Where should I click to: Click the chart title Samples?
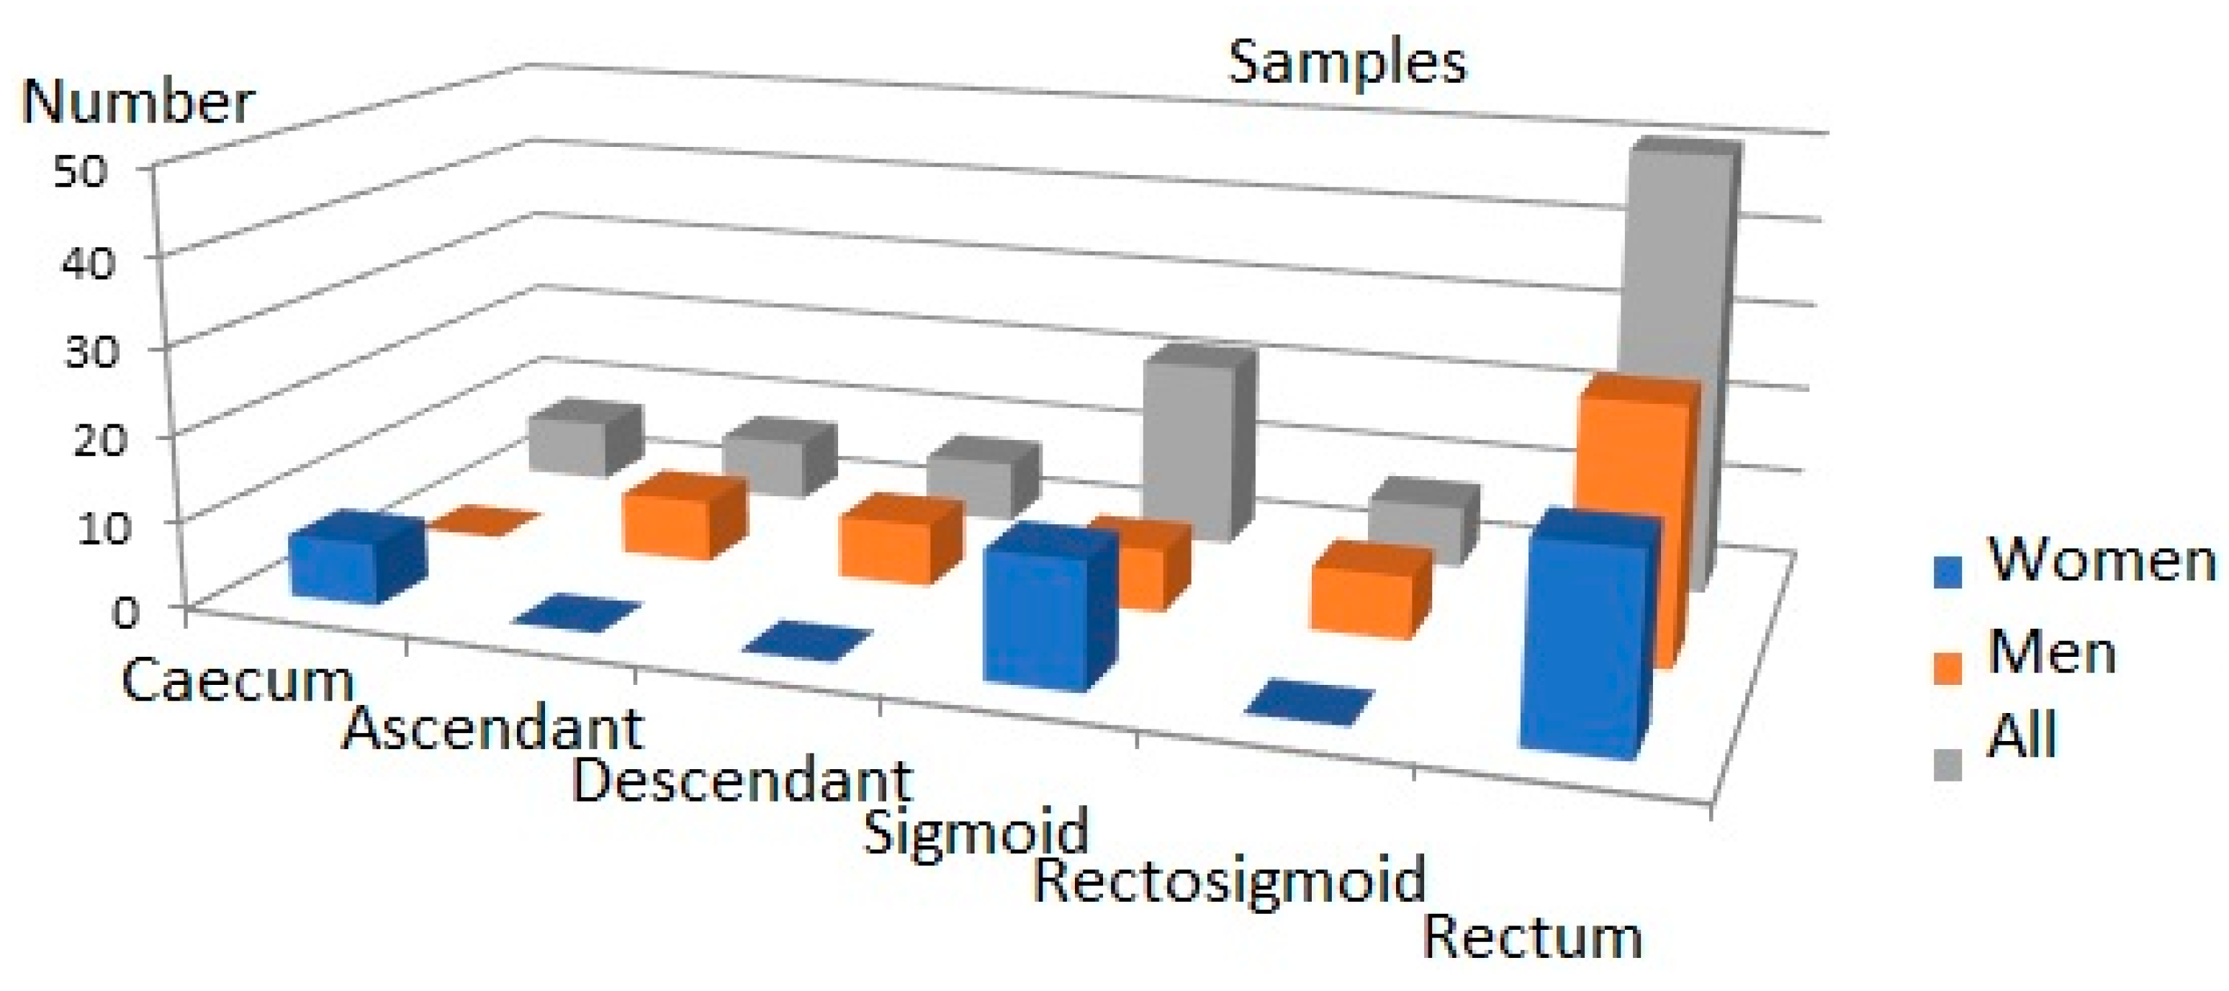(1346, 63)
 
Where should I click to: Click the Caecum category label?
(238, 681)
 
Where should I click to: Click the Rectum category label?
(1531, 937)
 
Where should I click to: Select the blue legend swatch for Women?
(1947, 571)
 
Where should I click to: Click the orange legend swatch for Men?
(1947, 668)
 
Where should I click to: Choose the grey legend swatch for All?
(1947, 763)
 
